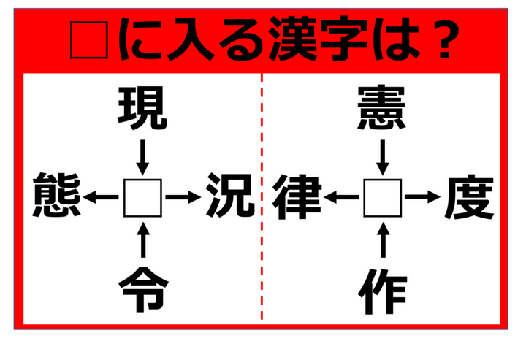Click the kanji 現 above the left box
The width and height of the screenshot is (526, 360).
pos(142,108)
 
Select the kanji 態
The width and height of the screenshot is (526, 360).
pos(57,195)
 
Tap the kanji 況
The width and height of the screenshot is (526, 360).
pos(230,195)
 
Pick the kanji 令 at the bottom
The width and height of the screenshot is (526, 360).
pos(143,289)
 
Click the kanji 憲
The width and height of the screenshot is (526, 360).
pos(382,108)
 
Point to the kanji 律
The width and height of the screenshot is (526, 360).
pos(297,196)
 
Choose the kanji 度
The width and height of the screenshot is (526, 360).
pos(469,196)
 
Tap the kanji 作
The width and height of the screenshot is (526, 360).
pos(382,291)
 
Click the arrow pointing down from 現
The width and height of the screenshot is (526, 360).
pos(142,157)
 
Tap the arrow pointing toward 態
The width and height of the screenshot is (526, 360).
pos(101,197)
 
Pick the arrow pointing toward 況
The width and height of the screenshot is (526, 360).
pos(183,197)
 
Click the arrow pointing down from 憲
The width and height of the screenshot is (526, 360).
pos(383,157)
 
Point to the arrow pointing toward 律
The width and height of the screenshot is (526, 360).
pos(341,197)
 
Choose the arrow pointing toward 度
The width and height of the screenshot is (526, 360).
pos(423,197)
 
